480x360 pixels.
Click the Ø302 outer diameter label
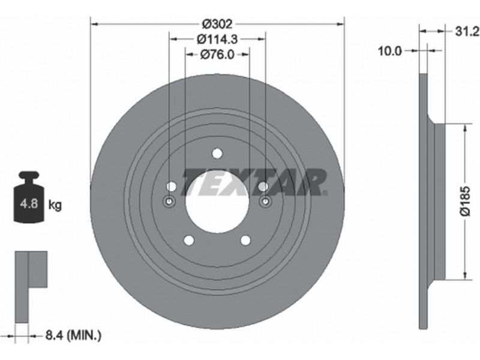pyautogui.click(x=218, y=23)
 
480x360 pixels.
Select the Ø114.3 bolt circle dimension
pyautogui.click(x=217, y=39)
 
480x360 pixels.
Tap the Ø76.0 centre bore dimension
pyautogui.click(x=217, y=55)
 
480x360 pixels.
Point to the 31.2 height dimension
pyautogui.click(x=467, y=31)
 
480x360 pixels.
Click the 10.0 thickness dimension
pyautogui.click(x=389, y=51)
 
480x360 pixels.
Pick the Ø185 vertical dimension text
pyautogui.click(x=465, y=201)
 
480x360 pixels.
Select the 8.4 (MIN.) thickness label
pyautogui.click(x=73, y=335)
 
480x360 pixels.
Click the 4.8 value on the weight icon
pyautogui.click(x=29, y=203)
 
